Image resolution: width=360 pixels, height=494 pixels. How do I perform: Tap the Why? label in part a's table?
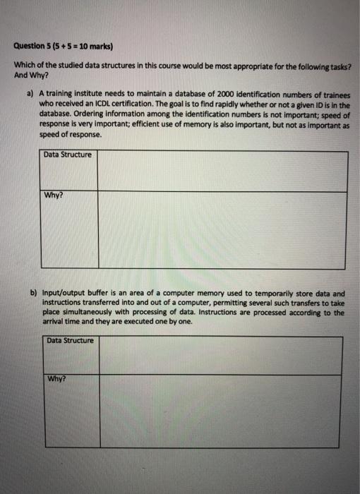[x=54, y=197]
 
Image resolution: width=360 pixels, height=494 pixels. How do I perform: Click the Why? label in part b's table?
[x=56, y=378]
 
